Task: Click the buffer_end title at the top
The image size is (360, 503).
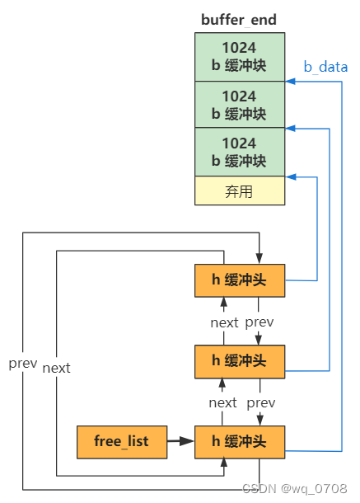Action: tap(239, 19)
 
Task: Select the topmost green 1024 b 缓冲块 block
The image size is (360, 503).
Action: tap(239, 56)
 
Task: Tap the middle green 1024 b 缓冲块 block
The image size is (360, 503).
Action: tap(239, 104)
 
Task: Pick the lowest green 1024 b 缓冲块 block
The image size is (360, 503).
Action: tap(239, 151)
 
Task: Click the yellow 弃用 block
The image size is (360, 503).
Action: tap(239, 191)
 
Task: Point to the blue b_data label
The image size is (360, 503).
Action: tap(325, 67)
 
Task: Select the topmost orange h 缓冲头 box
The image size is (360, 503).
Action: tap(239, 280)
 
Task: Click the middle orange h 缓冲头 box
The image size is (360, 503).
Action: tap(239, 360)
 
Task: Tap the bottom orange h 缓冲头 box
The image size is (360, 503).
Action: tap(239, 441)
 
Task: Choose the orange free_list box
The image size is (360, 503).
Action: tap(120, 441)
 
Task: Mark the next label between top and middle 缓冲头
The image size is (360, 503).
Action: tap(223, 322)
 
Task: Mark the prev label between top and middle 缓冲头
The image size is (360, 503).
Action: tap(259, 322)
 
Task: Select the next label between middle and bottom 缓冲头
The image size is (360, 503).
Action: tap(222, 402)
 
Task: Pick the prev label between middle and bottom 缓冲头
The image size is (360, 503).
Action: tap(260, 402)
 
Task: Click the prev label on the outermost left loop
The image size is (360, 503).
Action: tap(22, 363)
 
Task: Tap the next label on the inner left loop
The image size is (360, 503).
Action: tap(56, 368)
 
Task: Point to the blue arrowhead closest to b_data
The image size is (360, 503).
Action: tap(290, 82)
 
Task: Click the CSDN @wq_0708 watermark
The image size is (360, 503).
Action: tap(304, 488)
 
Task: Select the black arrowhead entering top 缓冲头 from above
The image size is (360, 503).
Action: tap(259, 259)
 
